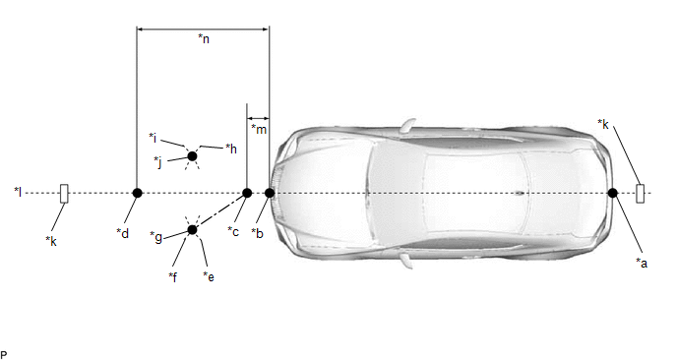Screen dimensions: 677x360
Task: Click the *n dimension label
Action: tap(204, 38)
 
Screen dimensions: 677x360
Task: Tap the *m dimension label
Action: tap(259, 129)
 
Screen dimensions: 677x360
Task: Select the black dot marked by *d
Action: tap(138, 193)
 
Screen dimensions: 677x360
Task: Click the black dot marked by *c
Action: tap(247, 193)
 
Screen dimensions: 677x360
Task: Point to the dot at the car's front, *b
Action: tap(270, 193)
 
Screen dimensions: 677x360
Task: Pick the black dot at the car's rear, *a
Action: tap(612, 193)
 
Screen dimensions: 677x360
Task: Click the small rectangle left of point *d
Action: tap(64, 194)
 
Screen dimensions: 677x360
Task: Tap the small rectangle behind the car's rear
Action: tap(641, 194)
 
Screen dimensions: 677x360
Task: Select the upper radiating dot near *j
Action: tap(192, 155)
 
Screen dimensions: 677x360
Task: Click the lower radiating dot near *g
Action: tap(192, 230)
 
